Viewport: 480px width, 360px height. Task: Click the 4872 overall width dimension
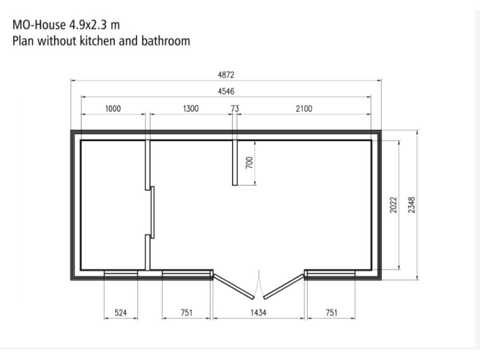226,75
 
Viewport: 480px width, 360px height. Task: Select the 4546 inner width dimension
226,91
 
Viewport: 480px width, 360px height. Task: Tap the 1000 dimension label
113,109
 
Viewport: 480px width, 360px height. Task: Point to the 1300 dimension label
191,109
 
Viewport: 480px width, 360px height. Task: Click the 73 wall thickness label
235,109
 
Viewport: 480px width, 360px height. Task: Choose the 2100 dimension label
304,109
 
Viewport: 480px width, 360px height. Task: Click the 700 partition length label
249,163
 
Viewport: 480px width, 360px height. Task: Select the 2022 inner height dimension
393,205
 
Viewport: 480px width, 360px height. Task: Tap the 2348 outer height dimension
412,205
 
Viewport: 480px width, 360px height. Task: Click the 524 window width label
120,313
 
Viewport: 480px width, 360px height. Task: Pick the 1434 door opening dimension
258,313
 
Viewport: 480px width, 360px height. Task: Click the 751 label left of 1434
187,313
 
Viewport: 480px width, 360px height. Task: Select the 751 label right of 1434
331,313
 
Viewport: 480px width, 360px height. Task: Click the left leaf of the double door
234,286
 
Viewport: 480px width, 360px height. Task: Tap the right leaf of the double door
284,286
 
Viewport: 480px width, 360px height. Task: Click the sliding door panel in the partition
152,212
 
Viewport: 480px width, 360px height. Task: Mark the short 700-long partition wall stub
235,163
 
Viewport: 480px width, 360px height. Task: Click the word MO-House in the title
39,24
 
